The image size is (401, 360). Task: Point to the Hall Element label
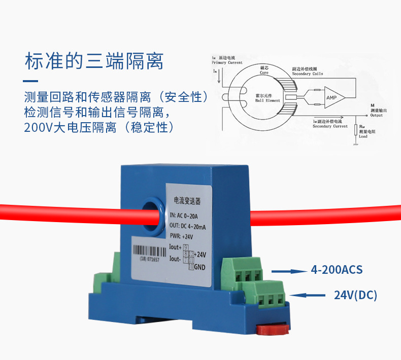pos(267,98)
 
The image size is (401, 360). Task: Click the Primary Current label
pos(227,61)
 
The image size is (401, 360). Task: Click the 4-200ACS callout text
pos(337,270)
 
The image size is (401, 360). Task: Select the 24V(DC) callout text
pos(355,295)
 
